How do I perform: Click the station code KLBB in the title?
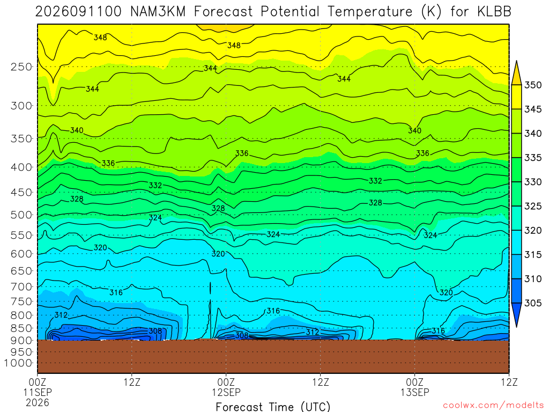click(494, 12)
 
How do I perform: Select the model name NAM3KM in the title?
click(158, 12)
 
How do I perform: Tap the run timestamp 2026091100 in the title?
click(78, 12)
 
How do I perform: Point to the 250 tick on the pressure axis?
click(21, 67)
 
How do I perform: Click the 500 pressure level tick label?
click(21, 215)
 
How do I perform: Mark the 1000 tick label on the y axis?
click(18, 363)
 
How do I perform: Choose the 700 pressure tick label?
click(21, 286)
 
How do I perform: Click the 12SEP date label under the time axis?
click(226, 392)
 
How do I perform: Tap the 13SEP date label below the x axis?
click(415, 392)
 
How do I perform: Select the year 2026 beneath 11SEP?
click(38, 402)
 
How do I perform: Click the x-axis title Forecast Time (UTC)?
click(273, 407)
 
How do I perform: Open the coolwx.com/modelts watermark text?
click(493, 406)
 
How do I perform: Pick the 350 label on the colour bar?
click(533, 85)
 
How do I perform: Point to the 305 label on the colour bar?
click(533, 303)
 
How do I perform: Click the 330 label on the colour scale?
click(533, 182)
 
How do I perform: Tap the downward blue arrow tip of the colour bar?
click(516, 327)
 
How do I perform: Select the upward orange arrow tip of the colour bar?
click(516, 61)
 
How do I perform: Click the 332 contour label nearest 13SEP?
click(375, 181)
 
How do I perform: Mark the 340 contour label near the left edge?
click(77, 130)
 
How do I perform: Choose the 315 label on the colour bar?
click(533, 255)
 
